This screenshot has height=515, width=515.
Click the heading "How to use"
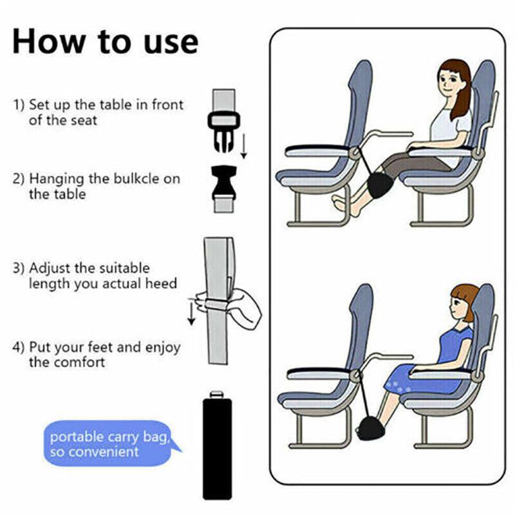(x=106, y=41)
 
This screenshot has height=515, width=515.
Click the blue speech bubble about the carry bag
(x=109, y=444)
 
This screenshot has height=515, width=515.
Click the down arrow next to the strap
(x=191, y=312)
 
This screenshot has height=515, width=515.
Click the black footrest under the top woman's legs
(x=376, y=185)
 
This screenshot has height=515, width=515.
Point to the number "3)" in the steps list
(x=19, y=268)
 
